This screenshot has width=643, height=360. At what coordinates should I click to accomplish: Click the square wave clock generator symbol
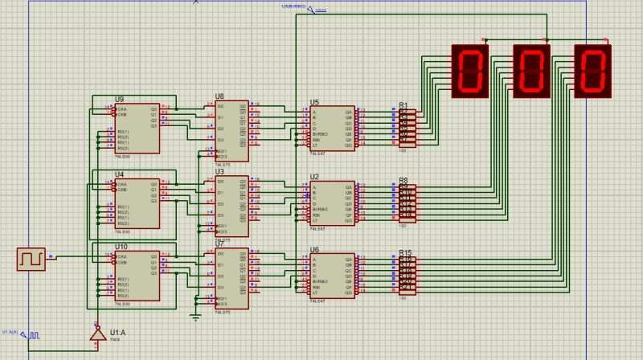click(x=31, y=259)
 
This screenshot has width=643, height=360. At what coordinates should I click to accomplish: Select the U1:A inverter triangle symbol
click(x=97, y=333)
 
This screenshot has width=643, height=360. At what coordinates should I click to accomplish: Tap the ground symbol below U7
click(x=195, y=316)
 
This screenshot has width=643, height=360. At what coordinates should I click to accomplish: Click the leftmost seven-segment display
click(x=470, y=71)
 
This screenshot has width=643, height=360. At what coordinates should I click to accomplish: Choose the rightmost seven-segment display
click(x=592, y=71)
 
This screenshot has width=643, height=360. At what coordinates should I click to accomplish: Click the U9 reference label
click(x=119, y=100)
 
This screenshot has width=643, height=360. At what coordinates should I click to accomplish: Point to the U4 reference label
click(x=119, y=174)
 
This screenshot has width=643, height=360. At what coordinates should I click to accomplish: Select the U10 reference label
click(x=121, y=247)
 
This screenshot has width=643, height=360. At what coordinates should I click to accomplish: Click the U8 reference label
click(x=219, y=96)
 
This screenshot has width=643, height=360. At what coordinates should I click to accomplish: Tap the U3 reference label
click(x=219, y=171)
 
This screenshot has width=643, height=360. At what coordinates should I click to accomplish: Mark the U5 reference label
click(x=314, y=102)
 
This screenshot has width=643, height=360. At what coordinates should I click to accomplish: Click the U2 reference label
click(x=314, y=176)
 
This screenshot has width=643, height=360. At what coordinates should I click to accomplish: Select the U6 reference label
click(x=314, y=250)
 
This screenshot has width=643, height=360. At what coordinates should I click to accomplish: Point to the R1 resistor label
click(x=403, y=105)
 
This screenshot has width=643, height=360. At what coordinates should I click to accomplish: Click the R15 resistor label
click(x=405, y=252)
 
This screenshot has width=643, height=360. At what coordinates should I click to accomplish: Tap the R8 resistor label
click(x=403, y=180)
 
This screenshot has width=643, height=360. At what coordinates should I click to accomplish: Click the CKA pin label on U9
click(x=122, y=108)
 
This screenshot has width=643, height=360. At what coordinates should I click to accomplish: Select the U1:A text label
click(x=117, y=332)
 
